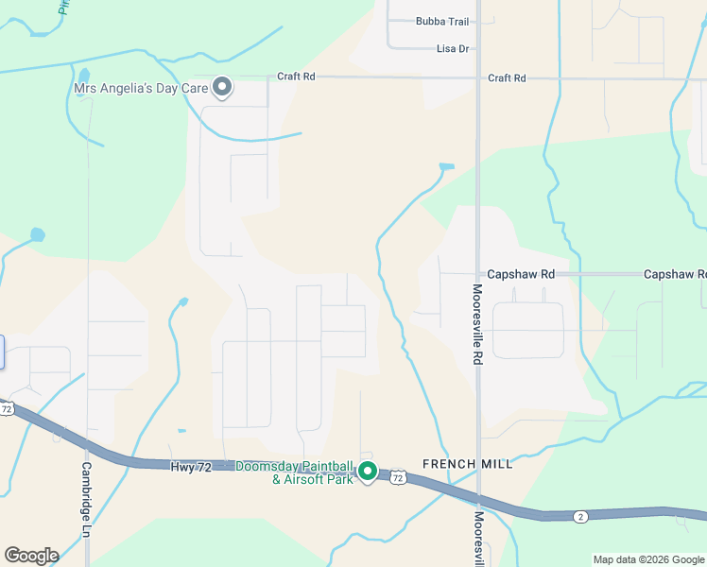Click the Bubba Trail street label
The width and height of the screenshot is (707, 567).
coord(442,21)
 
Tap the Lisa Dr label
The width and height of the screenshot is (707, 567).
coord(453,48)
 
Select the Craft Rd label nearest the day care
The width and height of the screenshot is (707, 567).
coord(295,77)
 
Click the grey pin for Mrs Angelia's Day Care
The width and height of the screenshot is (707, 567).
coord(223,88)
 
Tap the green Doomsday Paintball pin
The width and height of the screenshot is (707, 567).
coord(368,471)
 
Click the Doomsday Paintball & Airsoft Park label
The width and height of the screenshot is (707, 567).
coord(294,472)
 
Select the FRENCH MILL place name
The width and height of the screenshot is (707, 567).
coord(468,464)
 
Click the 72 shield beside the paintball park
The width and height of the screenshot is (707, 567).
coord(399,479)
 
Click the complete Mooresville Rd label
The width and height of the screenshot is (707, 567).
coord(477,325)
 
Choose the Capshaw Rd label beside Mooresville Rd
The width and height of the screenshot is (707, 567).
coord(521,274)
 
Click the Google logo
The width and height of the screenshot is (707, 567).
coord(31,556)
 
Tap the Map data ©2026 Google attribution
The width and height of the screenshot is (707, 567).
coord(648,559)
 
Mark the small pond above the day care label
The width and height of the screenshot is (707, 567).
coord(84,75)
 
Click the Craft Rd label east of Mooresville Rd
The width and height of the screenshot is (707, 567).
coord(507,77)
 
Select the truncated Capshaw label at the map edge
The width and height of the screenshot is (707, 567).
coord(674,274)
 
